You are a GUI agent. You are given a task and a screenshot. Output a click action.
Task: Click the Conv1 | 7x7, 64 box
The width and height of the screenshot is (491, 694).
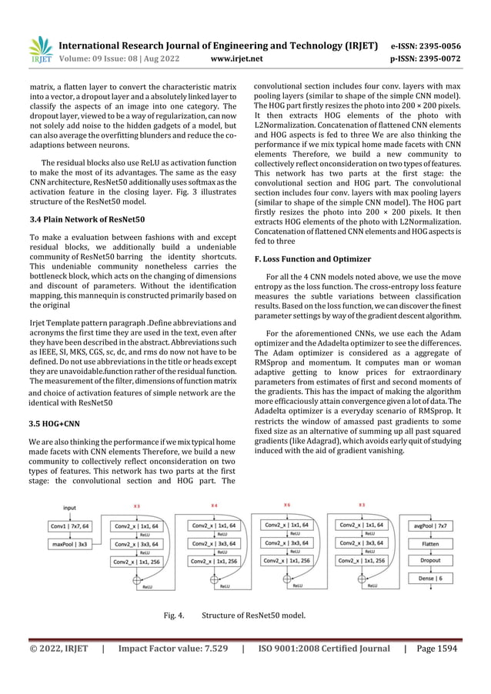coord(69,526)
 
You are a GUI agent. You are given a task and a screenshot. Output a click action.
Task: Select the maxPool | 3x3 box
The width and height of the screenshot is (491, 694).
coord(69,543)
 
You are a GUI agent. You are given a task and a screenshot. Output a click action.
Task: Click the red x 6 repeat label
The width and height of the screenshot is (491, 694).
coord(287,505)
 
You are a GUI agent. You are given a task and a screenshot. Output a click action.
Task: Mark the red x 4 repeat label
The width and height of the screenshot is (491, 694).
coord(214,505)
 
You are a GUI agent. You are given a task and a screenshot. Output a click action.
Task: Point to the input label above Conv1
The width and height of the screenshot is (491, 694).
coord(70,508)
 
